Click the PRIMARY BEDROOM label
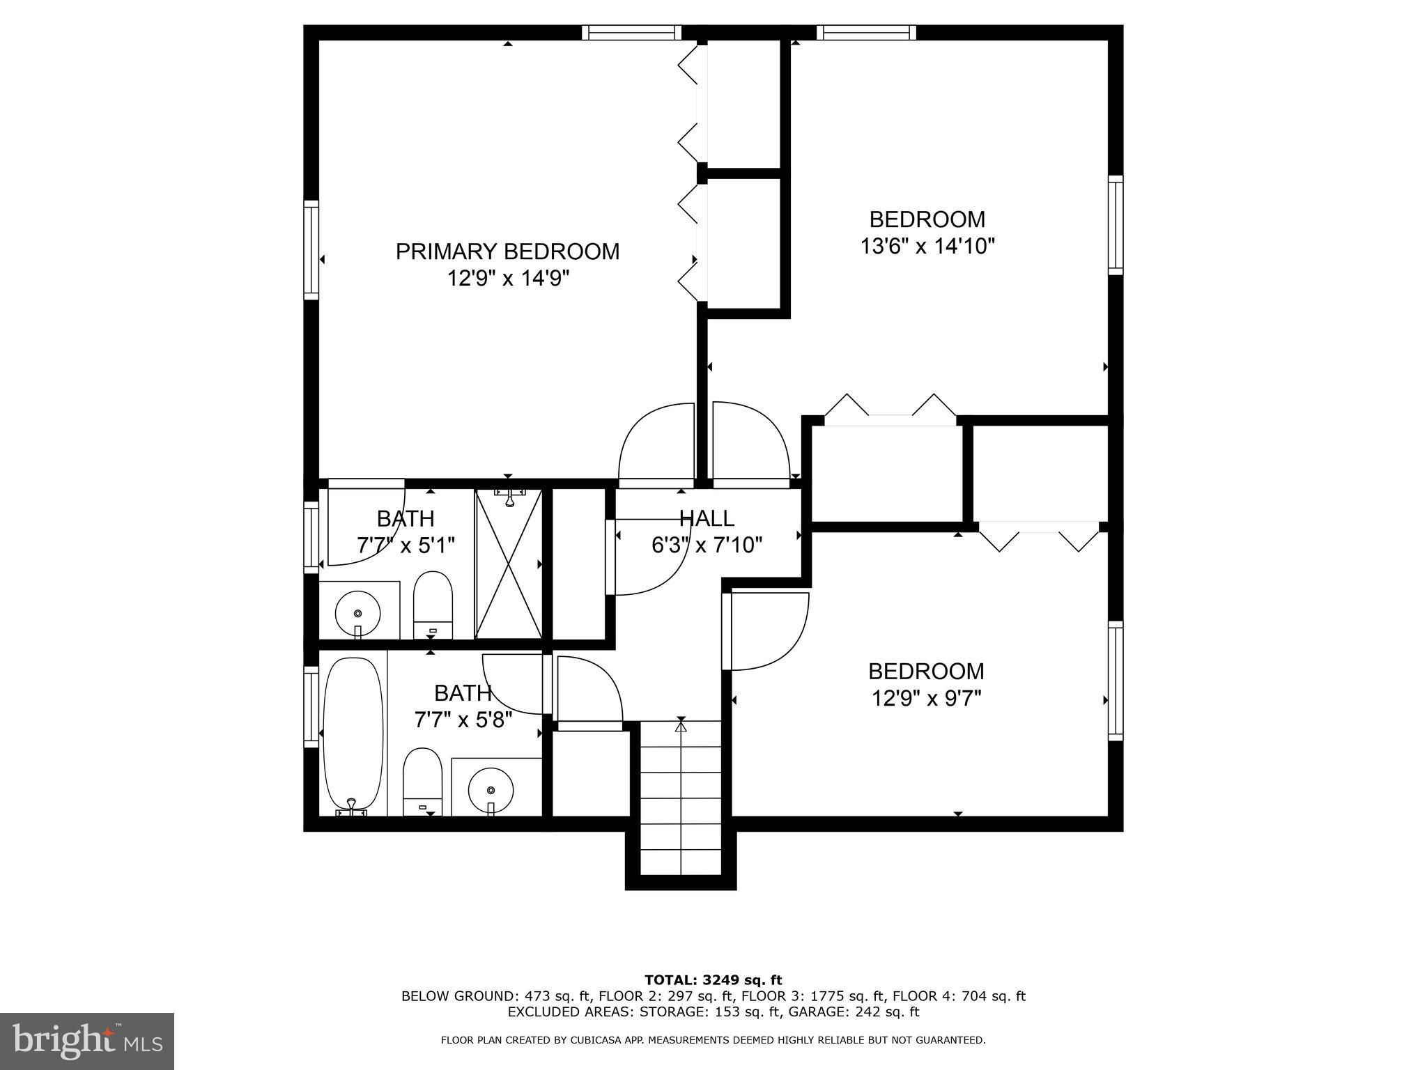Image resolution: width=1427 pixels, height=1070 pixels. click(507, 251)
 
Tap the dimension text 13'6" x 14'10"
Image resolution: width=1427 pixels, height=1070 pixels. click(927, 247)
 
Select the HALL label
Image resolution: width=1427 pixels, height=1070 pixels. click(707, 518)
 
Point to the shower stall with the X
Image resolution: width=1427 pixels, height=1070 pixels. click(509, 564)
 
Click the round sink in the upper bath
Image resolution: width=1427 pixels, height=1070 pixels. click(358, 613)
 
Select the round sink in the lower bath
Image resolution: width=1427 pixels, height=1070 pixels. click(491, 790)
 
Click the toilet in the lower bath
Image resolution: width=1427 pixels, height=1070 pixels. click(423, 782)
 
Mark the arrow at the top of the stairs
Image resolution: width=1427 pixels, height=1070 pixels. click(681, 726)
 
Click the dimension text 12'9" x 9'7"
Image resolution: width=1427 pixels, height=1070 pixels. click(926, 698)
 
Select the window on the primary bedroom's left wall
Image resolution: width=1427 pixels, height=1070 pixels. click(311, 250)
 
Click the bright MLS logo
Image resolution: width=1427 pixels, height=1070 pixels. click(87, 1041)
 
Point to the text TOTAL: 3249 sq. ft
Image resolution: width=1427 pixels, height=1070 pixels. click(713, 980)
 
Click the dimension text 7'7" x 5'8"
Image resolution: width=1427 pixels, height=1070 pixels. click(463, 720)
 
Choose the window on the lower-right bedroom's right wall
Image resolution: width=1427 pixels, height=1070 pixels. click(1116, 681)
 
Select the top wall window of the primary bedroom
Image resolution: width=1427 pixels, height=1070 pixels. click(632, 32)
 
